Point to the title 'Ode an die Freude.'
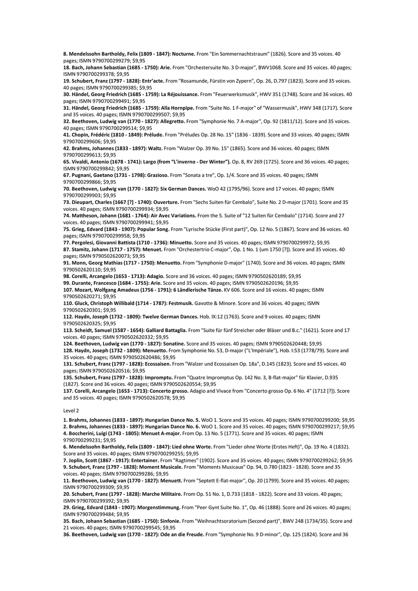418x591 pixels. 178,535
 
